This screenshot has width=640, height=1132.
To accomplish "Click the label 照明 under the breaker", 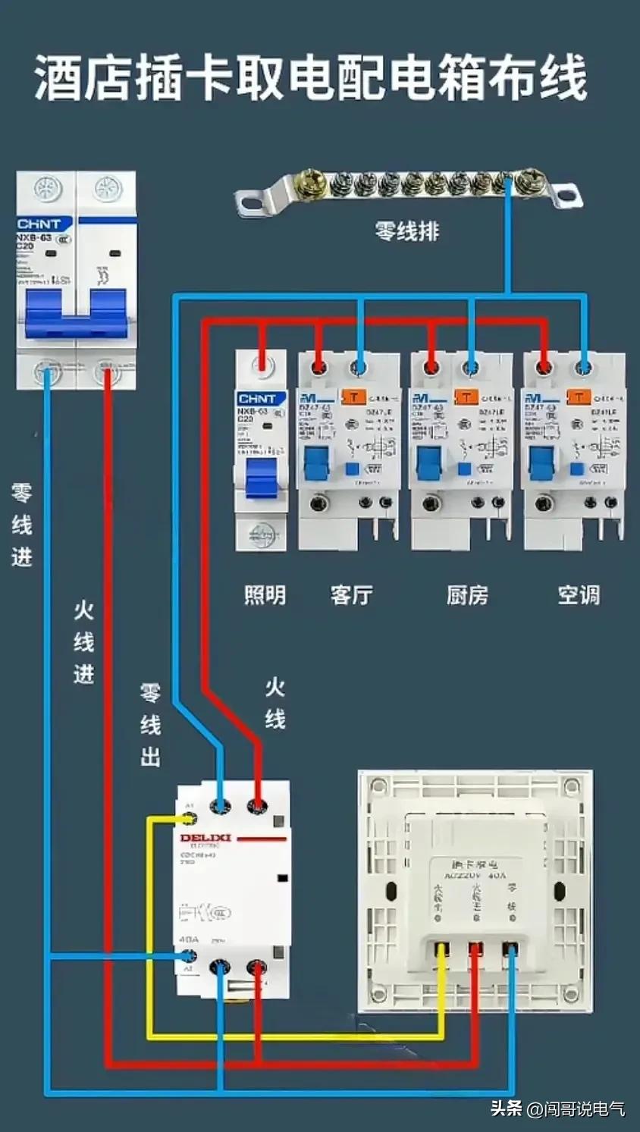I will pos(265,594).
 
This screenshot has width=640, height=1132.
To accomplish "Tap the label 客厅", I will pos(351,594).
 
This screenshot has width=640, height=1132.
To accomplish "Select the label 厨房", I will pos(466,594).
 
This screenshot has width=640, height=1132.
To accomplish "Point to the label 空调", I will pos(579,594).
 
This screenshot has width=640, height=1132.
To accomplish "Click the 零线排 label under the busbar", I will pos(406,230).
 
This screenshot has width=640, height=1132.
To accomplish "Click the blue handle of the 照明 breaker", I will pos(261,477).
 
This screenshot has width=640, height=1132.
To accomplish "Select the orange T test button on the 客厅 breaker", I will pos(354,397).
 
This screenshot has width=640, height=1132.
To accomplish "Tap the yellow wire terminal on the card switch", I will pos(441,948).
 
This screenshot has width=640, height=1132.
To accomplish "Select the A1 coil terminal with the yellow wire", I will pos(189,819).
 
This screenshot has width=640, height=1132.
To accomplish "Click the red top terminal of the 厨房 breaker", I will pos(431,368).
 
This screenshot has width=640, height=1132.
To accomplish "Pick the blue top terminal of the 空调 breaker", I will pos(583,368).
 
